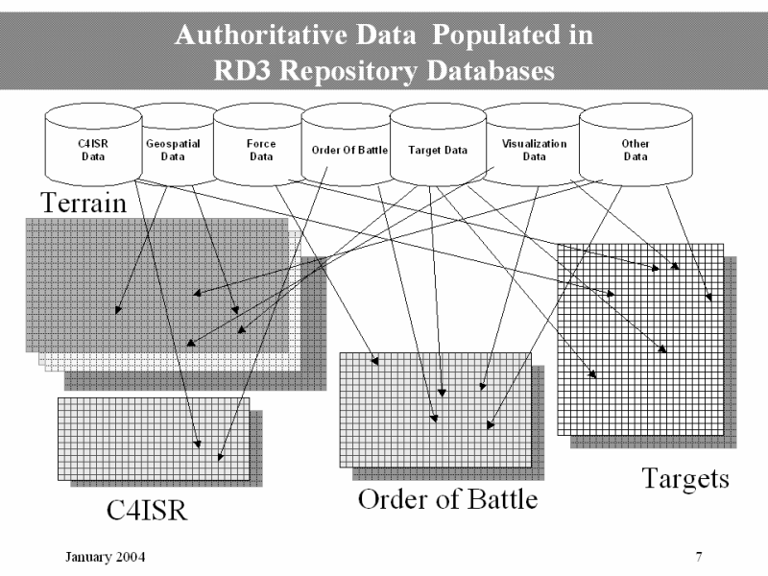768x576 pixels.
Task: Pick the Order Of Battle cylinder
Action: pos(347,151)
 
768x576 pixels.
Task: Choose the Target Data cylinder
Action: pos(438,151)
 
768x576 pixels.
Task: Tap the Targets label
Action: pos(684,477)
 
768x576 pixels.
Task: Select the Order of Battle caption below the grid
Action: pos(447,500)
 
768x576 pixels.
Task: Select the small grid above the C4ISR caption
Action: pos(153,438)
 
